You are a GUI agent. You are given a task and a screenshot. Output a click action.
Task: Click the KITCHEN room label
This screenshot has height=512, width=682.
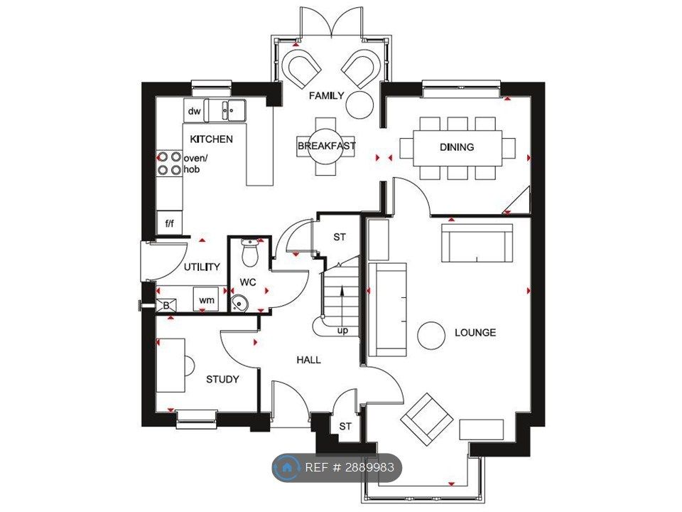pos(212,139)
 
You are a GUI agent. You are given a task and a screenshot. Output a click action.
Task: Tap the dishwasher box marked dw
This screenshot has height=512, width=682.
pos(194,111)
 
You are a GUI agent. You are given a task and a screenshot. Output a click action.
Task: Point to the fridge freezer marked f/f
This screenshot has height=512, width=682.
pos(169,223)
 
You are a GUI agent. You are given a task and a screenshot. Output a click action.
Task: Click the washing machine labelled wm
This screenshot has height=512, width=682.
pos(207,299)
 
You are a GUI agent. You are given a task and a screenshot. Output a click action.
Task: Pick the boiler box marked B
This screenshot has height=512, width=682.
pos(166,306)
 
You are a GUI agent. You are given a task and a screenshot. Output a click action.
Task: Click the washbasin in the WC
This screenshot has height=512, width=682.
pos(239,303)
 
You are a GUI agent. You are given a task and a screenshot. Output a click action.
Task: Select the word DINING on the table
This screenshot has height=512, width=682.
pos(457,147)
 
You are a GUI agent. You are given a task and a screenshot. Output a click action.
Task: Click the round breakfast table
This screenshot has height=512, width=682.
pos(326,146)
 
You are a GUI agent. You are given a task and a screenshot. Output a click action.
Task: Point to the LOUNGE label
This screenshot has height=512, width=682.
pos(475,333)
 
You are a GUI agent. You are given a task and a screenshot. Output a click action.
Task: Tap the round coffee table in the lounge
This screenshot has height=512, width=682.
pos(431,336)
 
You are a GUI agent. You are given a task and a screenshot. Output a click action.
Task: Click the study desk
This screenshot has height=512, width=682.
pos(170,366)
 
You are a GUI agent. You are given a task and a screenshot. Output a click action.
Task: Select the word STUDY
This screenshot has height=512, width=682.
pos(222,380)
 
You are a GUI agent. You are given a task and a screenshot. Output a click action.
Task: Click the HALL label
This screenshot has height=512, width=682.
pos(309,360)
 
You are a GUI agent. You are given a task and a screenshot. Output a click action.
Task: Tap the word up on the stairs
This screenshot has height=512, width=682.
pos(342,331)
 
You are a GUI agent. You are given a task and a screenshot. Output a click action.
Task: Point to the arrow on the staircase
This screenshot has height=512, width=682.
pos(342,305)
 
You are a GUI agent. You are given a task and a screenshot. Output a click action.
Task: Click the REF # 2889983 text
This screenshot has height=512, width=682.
pos(350,468)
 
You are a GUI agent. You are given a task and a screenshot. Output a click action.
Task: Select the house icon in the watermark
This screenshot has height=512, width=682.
pos(287,468)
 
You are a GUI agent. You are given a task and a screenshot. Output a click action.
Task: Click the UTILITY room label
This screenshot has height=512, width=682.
pos(202,267)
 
